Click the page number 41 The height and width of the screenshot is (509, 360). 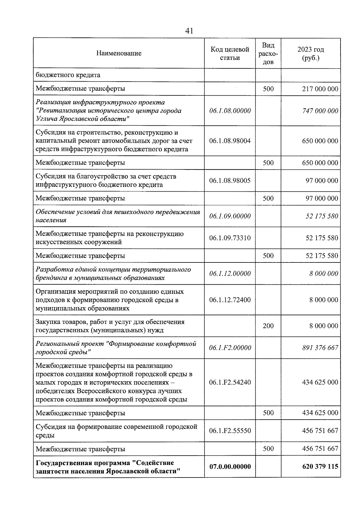[189, 31]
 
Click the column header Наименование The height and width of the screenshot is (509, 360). [119, 53]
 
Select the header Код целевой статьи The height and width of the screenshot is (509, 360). [230, 53]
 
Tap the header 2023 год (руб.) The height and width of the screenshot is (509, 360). [310, 53]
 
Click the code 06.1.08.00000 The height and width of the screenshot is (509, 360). [230, 111]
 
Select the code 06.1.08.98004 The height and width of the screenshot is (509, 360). [230, 141]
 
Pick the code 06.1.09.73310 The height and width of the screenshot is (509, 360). [230, 238]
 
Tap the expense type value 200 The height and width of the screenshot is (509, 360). [268, 326]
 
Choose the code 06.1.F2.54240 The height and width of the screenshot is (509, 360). [230, 382]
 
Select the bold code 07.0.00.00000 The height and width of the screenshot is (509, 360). [230, 466]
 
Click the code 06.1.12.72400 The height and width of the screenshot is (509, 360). [230, 300]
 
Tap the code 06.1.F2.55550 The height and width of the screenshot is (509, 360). [230, 431]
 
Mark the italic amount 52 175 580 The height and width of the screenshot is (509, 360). [322, 216]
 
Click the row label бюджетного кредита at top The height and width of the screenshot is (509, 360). [68, 75]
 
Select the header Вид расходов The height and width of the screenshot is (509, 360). [268, 53]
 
